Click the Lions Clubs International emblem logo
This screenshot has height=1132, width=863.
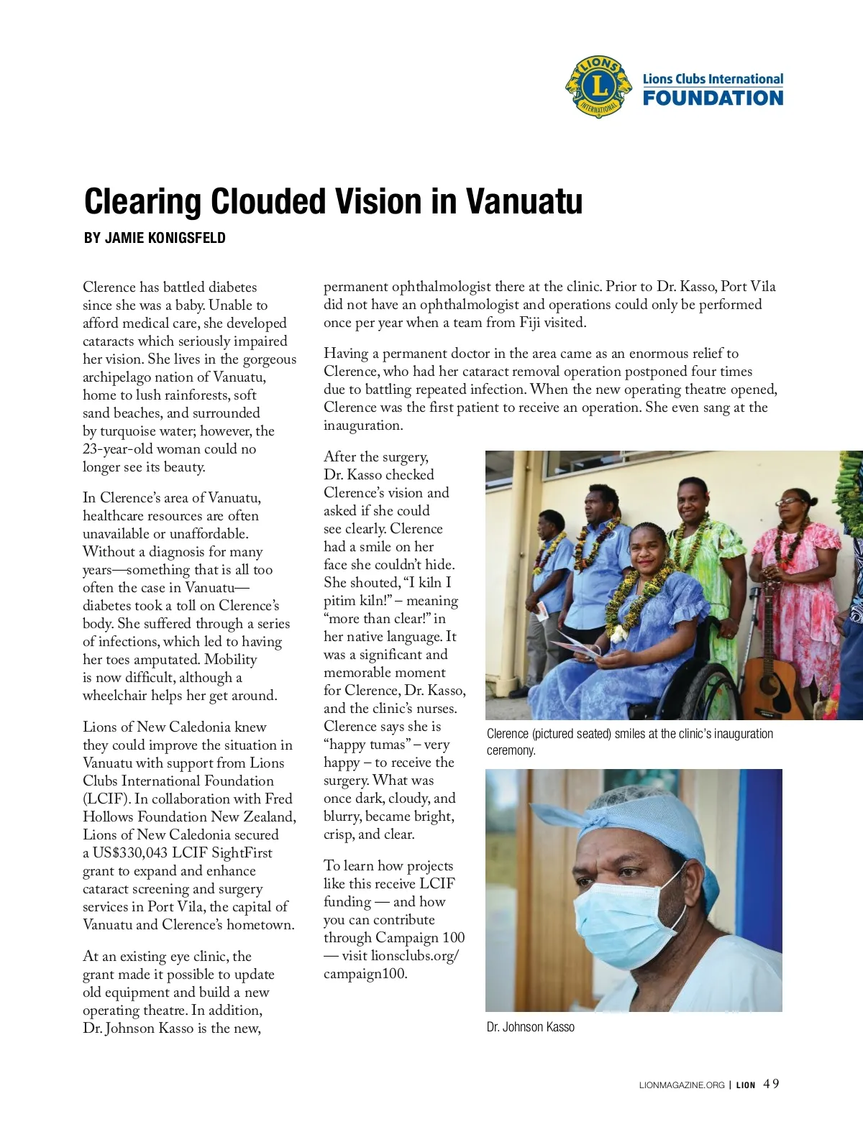598,87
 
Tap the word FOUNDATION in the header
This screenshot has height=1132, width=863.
713,98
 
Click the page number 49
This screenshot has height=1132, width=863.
771,1084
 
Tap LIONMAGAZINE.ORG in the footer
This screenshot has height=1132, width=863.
681,1085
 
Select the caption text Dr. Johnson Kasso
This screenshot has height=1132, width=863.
530,1027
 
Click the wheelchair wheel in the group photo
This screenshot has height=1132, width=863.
709,690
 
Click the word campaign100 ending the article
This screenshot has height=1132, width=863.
365,974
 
